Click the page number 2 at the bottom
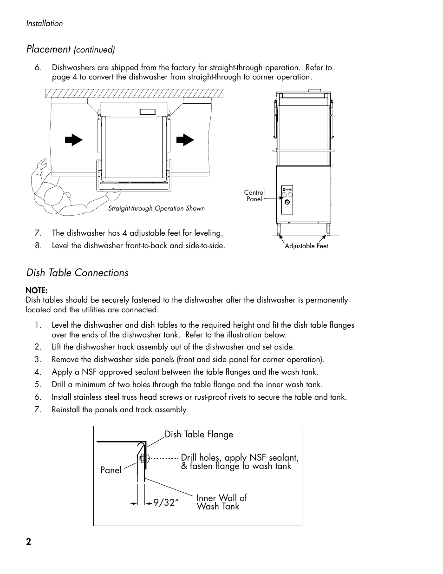(x=29, y=541)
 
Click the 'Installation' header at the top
(x=45, y=23)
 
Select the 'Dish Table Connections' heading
(x=77, y=273)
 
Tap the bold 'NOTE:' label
(x=37, y=291)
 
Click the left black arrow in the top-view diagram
(x=73, y=139)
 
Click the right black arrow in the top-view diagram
(x=185, y=139)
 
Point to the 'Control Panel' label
(x=254, y=196)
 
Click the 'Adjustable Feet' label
(x=306, y=246)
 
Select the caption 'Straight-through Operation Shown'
(x=156, y=209)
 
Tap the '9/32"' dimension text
(x=166, y=503)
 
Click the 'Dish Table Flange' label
(x=199, y=435)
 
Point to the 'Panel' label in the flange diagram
(x=111, y=470)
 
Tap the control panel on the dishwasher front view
(x=288, y=199)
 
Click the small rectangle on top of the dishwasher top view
(x=147, y=112)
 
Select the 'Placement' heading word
(x=48, y=49)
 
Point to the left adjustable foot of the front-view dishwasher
(x=279, y=229)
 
